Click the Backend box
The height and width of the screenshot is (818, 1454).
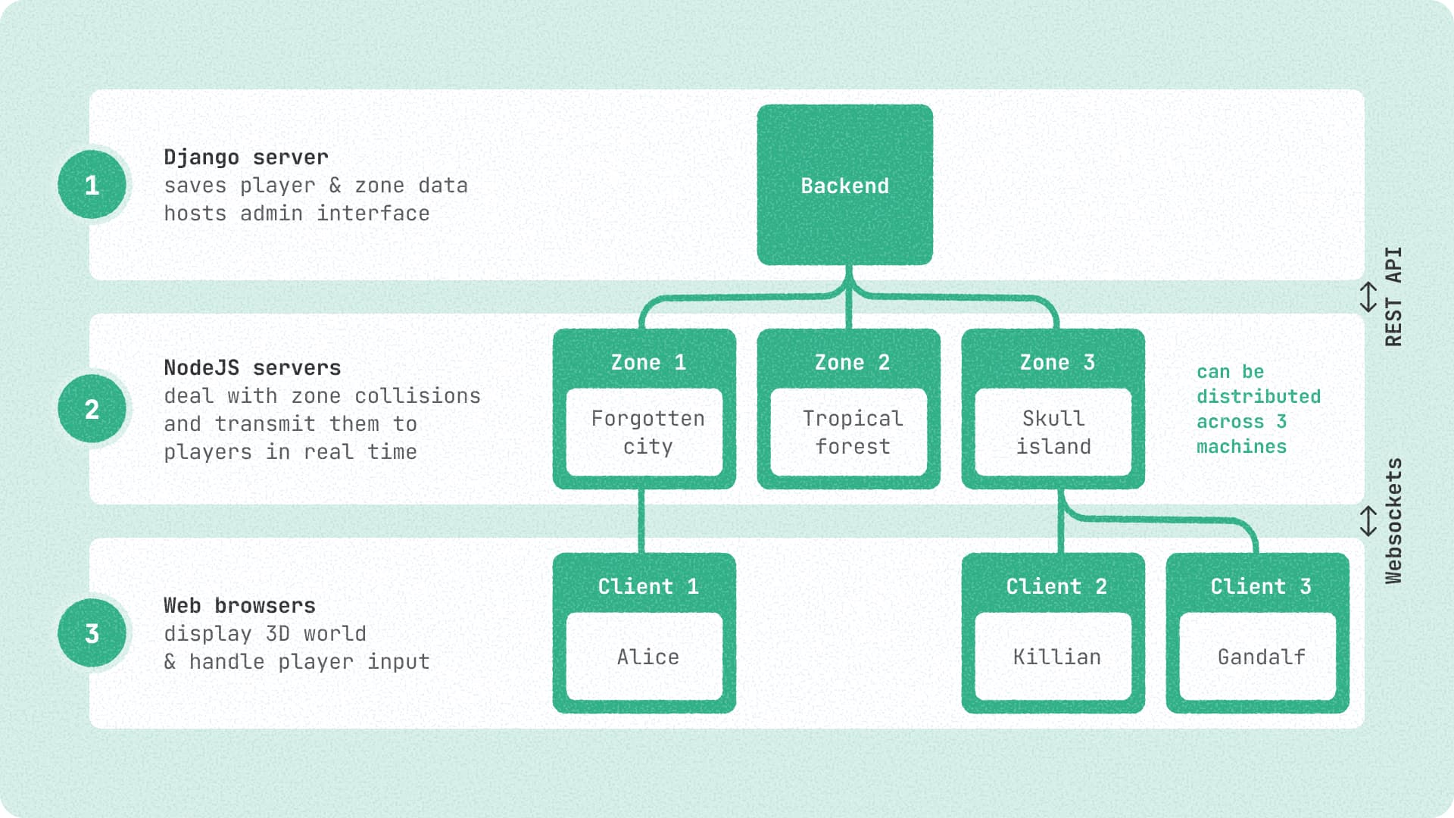pos(844,185)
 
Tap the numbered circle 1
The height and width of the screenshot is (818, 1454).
pos(92,185)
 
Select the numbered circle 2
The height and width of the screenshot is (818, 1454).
pos(92,409)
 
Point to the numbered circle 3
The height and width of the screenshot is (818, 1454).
pos(92,633)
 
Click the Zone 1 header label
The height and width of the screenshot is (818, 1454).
pos(647,362)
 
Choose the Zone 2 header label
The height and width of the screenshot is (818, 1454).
pos(852,362)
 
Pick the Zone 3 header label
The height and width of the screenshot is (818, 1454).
pos(1056,362)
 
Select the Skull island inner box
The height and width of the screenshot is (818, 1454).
pos(1053,432)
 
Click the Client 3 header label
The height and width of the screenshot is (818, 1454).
pos(1260,586)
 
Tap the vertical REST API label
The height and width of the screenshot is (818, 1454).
pos(1393,296)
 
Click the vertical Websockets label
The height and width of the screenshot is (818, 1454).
pos(1393,520)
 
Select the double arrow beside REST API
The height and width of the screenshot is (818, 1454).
pos(1368,296)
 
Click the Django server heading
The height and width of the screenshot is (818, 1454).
pos(246,157)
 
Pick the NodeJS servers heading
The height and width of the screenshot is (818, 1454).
pos(252,367)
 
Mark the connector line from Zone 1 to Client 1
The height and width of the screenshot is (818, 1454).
pos(641,521)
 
